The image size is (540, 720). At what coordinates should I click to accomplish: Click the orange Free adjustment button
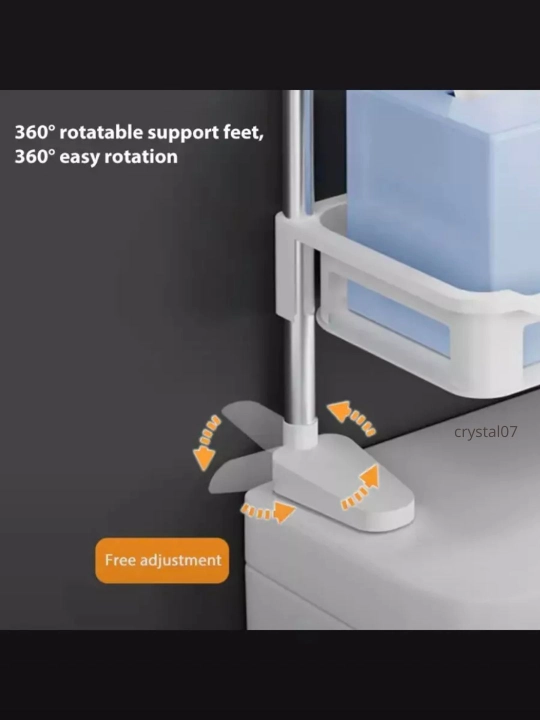point(162,561)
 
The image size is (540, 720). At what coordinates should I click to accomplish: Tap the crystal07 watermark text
point(485,432)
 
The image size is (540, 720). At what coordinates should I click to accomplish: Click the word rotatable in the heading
point(101,132)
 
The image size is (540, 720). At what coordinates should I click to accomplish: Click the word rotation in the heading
point(141,157)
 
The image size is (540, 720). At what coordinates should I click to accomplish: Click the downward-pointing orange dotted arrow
point(206,443)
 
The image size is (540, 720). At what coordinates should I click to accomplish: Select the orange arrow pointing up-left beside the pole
point(351,417)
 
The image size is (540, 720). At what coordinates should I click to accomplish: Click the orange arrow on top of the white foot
point(361,487)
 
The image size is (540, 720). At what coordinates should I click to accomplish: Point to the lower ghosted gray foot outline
point(241,473)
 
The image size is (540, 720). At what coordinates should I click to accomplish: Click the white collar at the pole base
point(300,434)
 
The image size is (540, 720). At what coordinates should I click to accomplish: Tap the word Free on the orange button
point(120,560)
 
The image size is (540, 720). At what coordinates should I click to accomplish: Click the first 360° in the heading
point(34,132)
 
